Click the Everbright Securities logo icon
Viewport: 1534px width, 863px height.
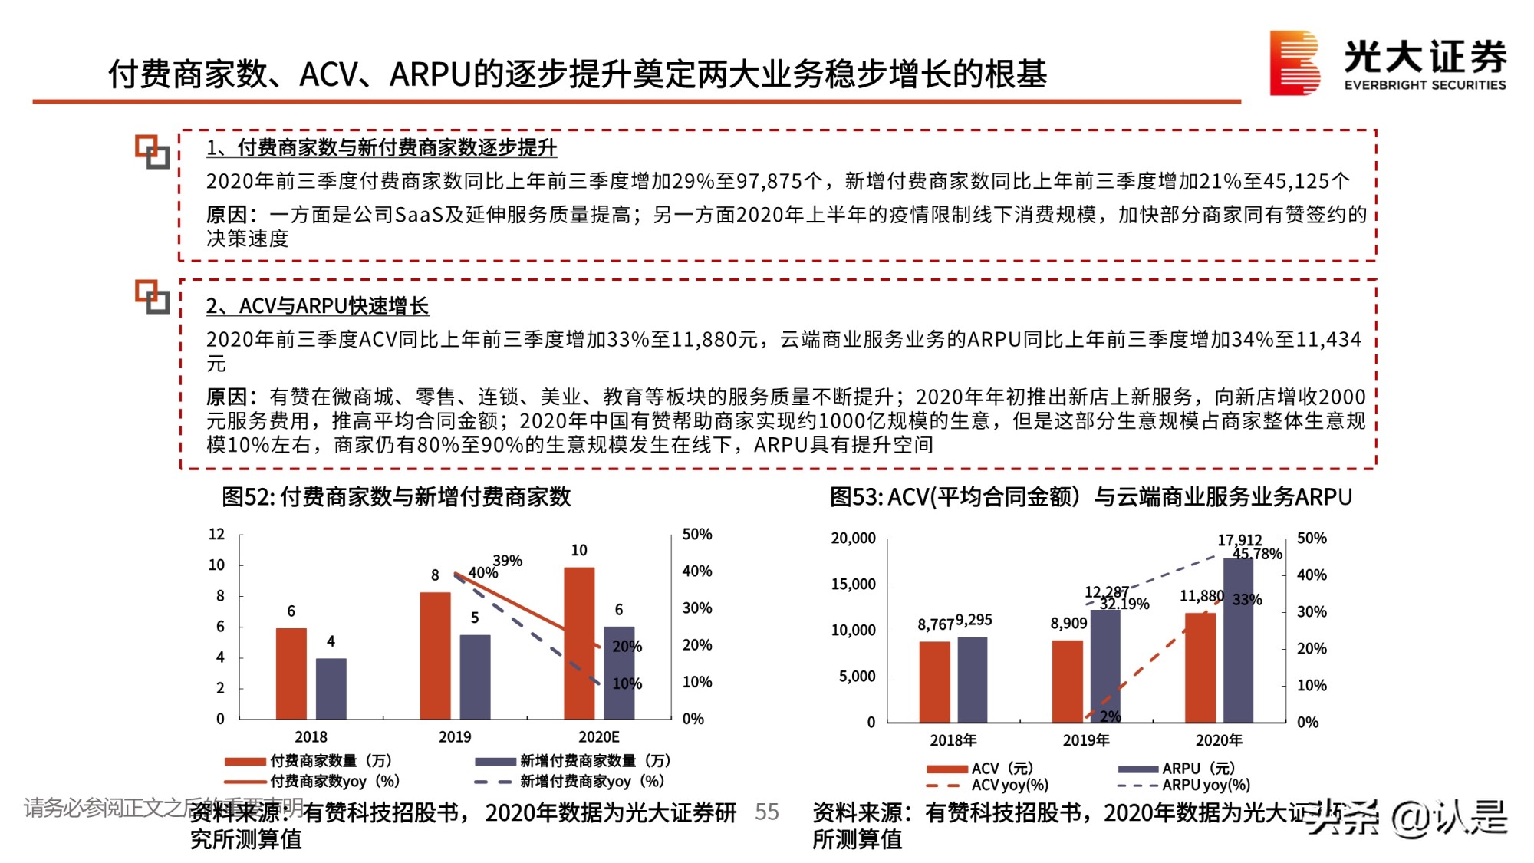[x=1294, y=63]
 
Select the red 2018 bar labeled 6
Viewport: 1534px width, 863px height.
[x=291, y=674]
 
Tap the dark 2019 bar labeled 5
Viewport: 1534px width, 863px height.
[x=475, y=677]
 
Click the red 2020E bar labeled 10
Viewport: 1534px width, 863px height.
[x=579, y=643]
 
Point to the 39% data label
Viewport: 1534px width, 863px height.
[x=508, y=561]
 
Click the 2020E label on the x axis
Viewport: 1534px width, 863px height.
[x=598, y=737]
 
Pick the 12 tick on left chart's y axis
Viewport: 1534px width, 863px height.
[x=217, y=534]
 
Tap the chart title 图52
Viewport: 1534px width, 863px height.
[x=396, y=496]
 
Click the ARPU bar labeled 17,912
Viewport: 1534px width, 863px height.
[x=1238, y=641]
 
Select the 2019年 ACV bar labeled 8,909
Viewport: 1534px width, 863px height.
[x=1067, y=681]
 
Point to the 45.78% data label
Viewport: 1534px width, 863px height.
[x=1257, y=554]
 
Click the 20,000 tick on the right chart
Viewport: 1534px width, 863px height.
[x=853, y=539]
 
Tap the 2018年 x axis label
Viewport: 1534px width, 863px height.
[x=953, y=740]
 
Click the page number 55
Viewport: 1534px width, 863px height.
[x=766, y=812]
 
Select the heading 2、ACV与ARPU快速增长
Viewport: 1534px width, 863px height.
[x=317, y=306]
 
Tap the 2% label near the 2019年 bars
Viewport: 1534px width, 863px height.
[x=1110, y=716]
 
